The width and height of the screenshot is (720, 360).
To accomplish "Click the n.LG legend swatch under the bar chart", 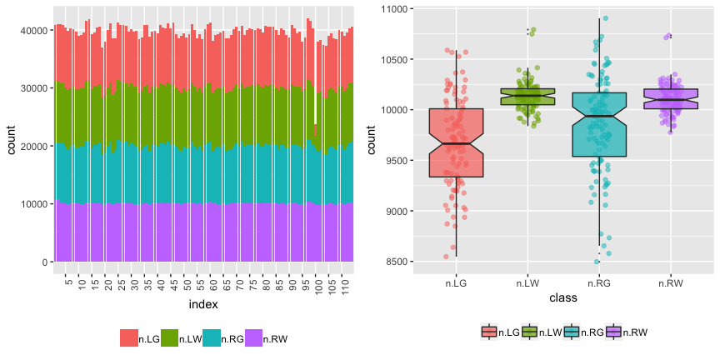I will pos(128,338).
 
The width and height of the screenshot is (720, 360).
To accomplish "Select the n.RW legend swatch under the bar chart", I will pos(253,338).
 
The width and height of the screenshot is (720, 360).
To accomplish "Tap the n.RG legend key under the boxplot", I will pos(572,332).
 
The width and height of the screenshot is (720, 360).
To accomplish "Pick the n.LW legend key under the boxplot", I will pos(531,332).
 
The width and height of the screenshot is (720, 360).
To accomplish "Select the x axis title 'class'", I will pos(564,297).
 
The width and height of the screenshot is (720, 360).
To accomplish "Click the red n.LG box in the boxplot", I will pos(456,142).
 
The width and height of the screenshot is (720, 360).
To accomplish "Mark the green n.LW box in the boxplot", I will pos(527,97).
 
